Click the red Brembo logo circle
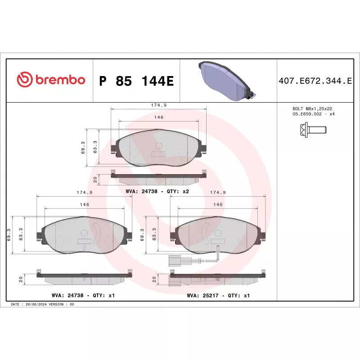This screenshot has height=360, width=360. (24, 80)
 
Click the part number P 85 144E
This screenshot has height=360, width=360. (136, 81)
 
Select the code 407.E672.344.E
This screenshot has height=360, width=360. (315, 81)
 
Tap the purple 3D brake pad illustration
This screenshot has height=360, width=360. (227, 81)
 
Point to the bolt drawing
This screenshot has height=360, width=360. (313, 130)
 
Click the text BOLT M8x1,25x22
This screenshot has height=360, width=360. (312, 108)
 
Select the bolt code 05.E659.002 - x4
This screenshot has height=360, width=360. (314, 114)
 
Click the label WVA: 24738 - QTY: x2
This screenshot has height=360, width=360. (157, 191)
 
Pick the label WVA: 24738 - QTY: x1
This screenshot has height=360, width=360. (83, 295)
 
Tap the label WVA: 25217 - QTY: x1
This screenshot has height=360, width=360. (218, 296)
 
